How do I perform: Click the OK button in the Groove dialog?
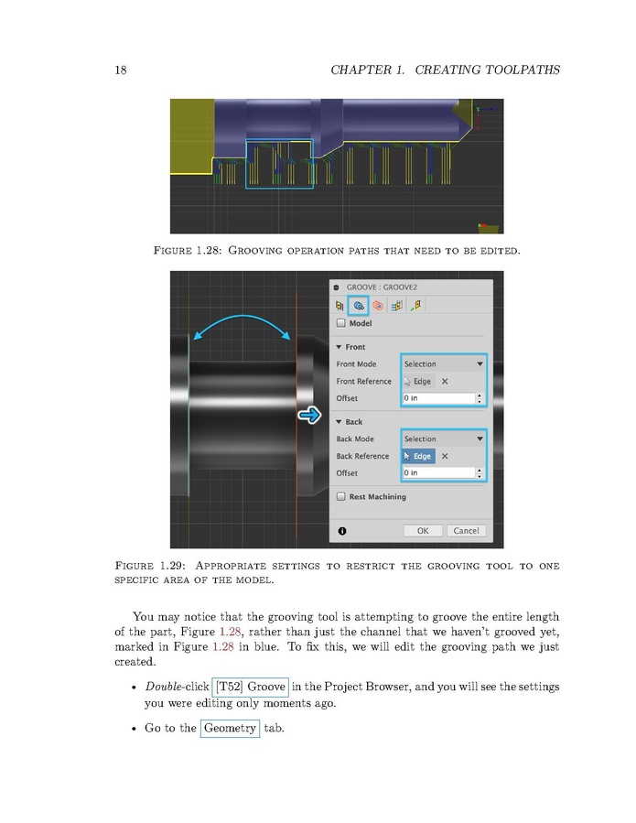pos(423,530)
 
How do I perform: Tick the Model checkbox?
pos(342,323)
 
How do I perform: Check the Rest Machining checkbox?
pos(342,497)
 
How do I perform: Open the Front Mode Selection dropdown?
pos(444,364)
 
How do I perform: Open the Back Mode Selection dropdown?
pos(444,439)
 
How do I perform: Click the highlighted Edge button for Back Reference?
pos(418,456)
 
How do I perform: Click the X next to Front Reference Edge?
pos(445,382)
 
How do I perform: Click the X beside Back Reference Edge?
pos(445,456)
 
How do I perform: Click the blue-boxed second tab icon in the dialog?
pos(360,305)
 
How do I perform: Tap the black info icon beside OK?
pos(342,530)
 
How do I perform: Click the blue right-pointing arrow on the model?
pos(310,417)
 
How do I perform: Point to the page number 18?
pos(121,70)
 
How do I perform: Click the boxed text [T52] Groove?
pos(251,687)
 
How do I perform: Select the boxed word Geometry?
pos(230,729)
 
